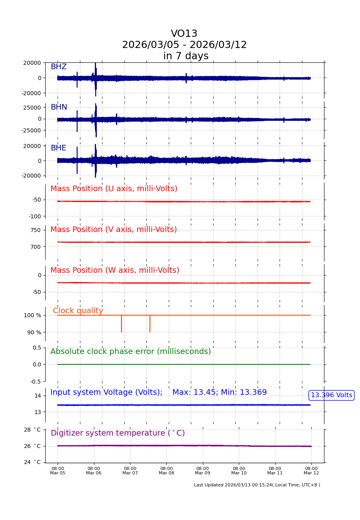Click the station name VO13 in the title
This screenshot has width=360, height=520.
pos(184,34)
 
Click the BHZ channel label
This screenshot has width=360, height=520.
pos(58,67)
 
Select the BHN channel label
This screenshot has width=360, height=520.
pos(59,107)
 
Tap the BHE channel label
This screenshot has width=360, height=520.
pos(58,148)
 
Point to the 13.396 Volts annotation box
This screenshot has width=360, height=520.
pos(331,395)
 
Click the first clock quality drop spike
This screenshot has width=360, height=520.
pos(122,324)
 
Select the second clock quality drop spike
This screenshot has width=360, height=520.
pos(150,324)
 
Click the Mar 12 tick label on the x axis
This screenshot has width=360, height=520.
pos(311,470)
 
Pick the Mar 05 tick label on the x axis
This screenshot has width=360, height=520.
pos(58,470)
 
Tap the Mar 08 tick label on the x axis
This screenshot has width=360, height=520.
pos(166,470)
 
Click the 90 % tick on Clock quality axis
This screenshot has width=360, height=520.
pos(34,332)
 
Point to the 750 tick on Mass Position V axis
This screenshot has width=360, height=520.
pos(36,230)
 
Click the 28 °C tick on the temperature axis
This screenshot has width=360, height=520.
pos(32,430)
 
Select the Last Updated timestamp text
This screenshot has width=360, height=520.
pos(257,485)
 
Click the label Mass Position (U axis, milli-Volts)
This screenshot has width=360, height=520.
pos(114,189)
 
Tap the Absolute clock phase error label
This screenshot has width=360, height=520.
pos(130,352)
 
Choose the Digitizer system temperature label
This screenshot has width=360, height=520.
pos(118,433)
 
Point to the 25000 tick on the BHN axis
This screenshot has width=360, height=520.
pos(33,107)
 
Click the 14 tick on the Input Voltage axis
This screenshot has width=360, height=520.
pos(38,396)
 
